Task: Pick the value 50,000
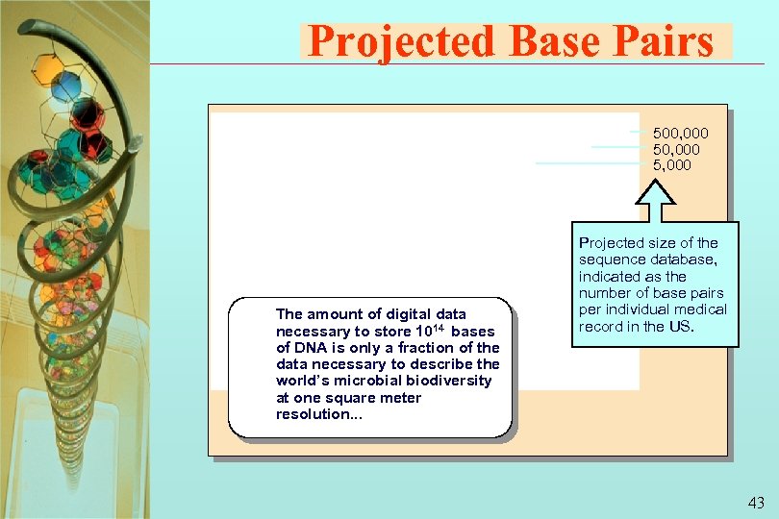pyautogui.click(x=676, y=149)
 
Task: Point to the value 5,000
pyautogui.click(x=671, y=164)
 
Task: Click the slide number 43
pyautogui.click(x=755, y=503)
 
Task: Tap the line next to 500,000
pyautogui.click(x=639, y=132)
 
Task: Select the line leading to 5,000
pyautogui.click(x=587, y=163)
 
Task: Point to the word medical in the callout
pyautogui.click(x=701, y=309)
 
